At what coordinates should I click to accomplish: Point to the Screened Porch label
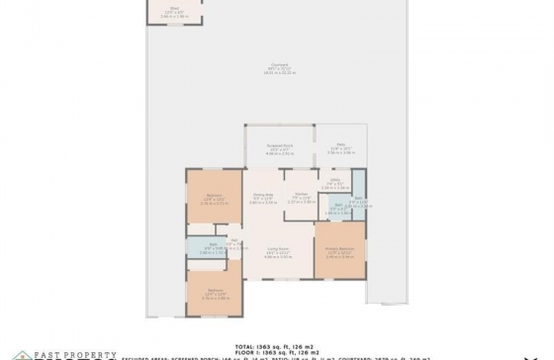[278, 145]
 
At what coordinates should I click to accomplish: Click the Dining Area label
[262, 195]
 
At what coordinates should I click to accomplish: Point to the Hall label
[235, 242]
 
